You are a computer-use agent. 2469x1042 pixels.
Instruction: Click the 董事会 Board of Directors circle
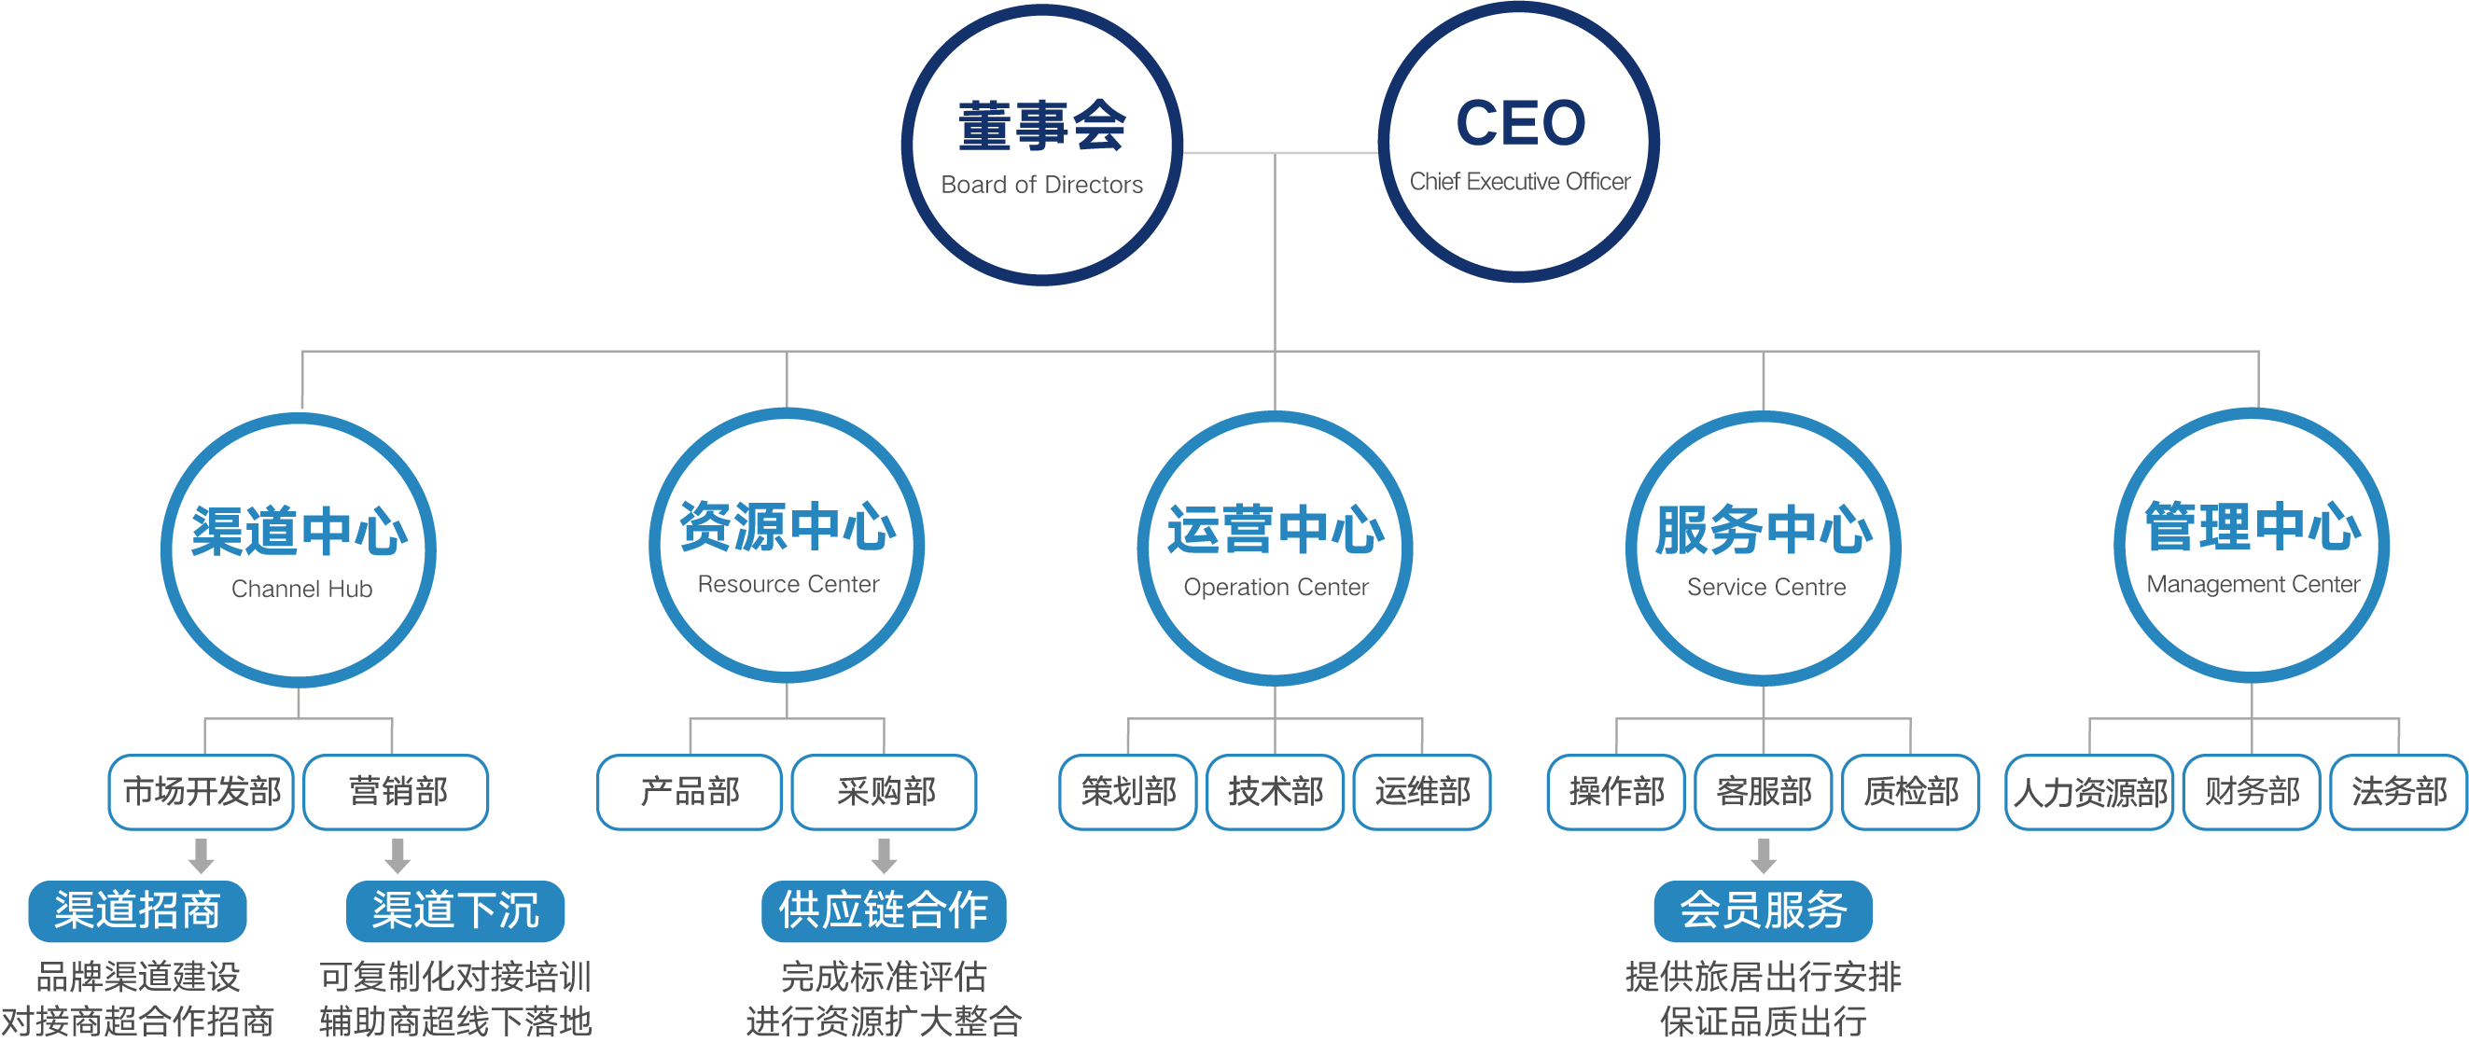[x=1042, y=146]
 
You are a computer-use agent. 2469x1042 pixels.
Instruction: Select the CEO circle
[x=1519, y=142]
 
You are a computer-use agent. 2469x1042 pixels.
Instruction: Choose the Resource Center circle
[x=787, y=546]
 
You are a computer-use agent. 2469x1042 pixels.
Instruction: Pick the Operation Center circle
[x=1275, y=549]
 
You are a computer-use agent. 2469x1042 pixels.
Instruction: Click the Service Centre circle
[x=1764, y=549]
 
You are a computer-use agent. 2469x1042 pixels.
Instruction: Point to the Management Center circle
[x=2252, y=546]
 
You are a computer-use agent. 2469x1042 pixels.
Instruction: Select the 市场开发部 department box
[x=202, y=792]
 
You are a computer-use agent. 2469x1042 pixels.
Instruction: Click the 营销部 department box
[x=397, y=792]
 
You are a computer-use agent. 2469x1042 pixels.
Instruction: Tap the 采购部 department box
[x=885, y=792]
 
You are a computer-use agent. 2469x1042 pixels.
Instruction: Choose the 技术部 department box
[x=1275, y=792]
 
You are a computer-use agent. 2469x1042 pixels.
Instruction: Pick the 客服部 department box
[x=1764, y=792]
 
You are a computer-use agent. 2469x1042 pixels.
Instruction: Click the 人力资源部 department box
[x=2089, y=792]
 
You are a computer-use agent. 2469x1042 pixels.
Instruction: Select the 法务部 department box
[x=2398, y=792]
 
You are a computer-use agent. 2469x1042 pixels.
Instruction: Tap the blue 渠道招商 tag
[x=138, y=910]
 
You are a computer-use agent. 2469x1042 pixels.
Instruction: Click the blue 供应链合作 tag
[x=884, y=910]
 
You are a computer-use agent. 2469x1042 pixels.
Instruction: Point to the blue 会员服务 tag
[x=1763, y=910]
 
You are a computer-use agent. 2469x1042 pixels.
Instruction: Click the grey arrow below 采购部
[x=885, y=856]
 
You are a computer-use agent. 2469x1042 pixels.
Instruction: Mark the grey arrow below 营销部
[x=398, y=856]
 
